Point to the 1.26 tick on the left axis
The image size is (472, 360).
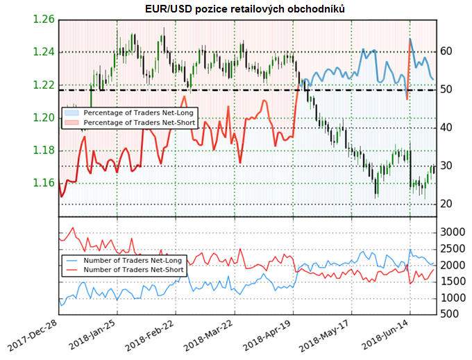(43, 19)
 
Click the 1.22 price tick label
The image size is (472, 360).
(43, 85)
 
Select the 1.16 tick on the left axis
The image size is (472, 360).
(43, 184)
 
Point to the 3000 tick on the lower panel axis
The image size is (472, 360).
(452, 232)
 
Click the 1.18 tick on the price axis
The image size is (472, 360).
(43, 151)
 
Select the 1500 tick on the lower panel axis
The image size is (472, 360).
(452, 282)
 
